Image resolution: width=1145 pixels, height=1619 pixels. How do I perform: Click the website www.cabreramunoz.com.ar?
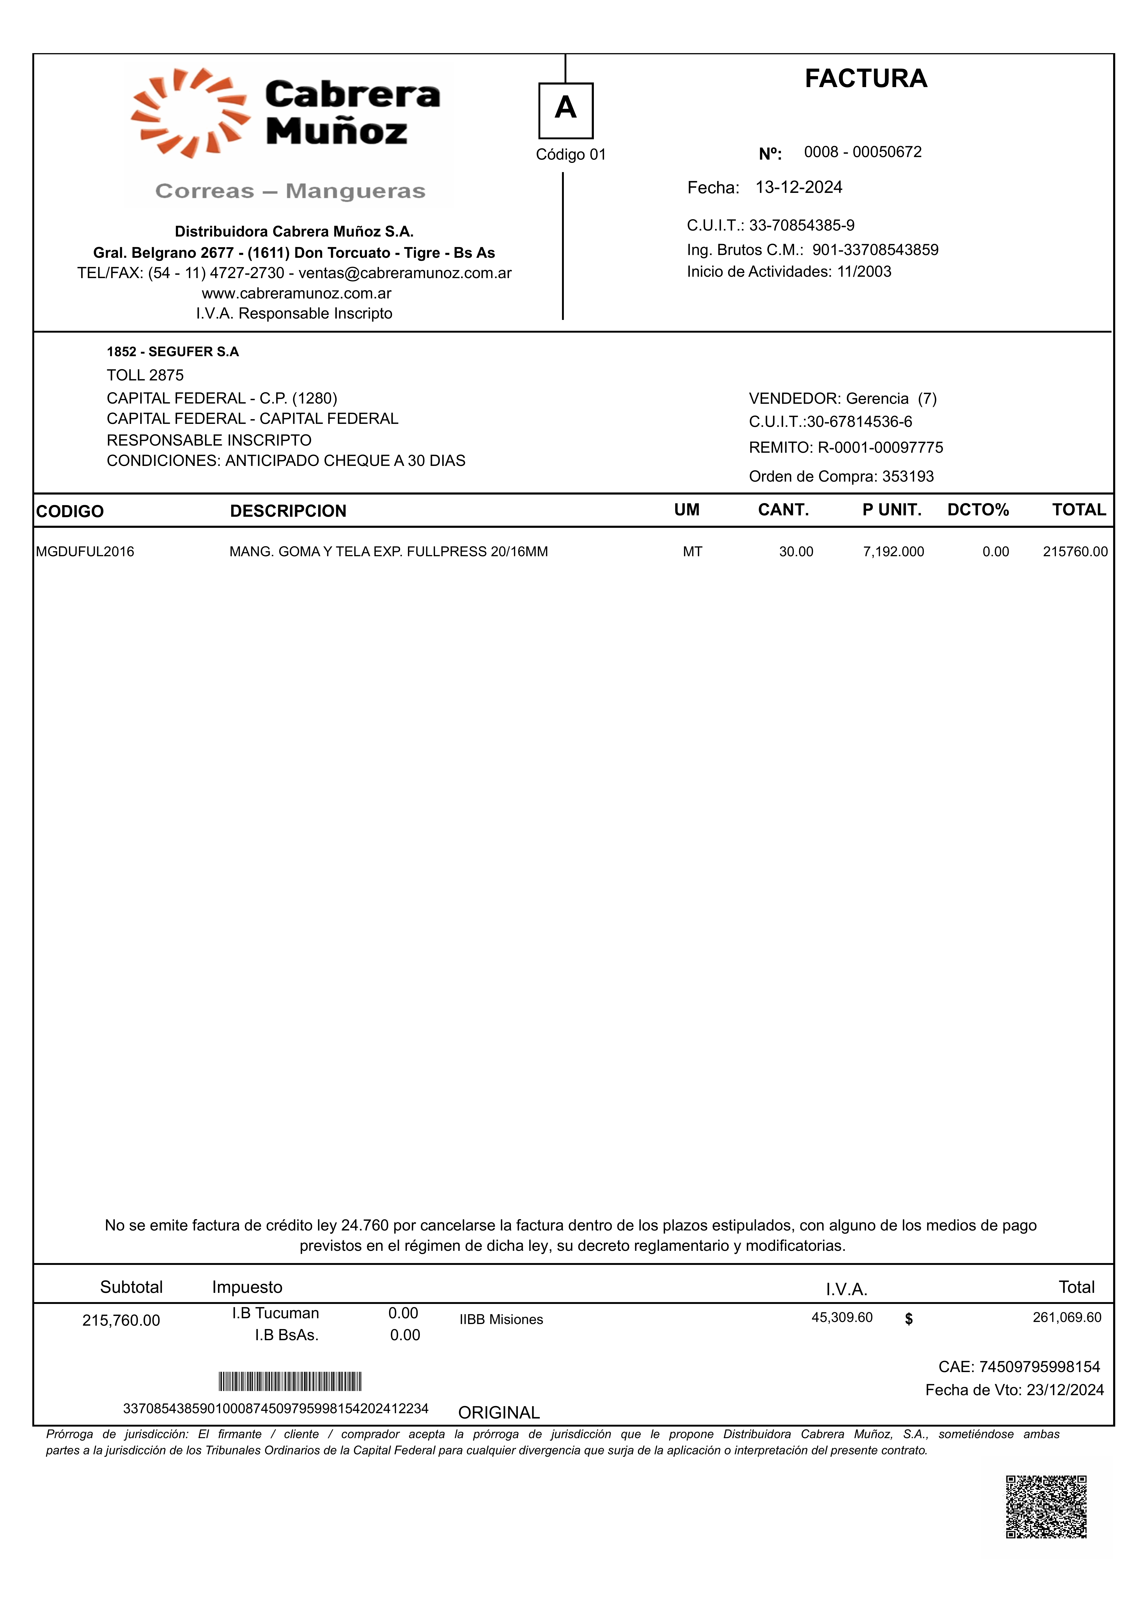(x=296, y=293)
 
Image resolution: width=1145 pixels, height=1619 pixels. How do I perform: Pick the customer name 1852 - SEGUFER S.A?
(x=173, y=352)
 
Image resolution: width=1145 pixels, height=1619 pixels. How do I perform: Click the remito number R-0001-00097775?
(x=880, y=448)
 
